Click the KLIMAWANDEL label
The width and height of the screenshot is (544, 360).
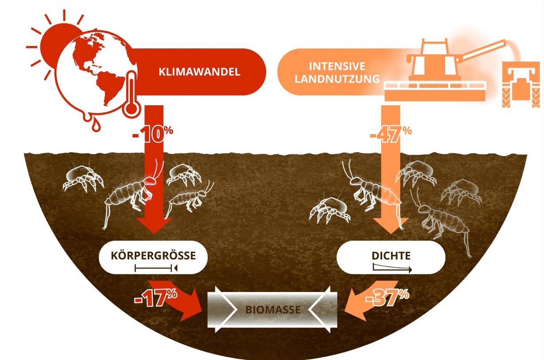pyautogui.click(x=199, y=72)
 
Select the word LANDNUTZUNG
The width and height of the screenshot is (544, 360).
pyautogui.click(x=338, y=79)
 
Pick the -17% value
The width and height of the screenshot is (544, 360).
pyautogui.click(x=156, y=297)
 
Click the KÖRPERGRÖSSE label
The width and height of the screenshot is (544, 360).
pyautogui.click(x=153, y=256)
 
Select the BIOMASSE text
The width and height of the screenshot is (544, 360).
pyautogui.click(x=272, y=309)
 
